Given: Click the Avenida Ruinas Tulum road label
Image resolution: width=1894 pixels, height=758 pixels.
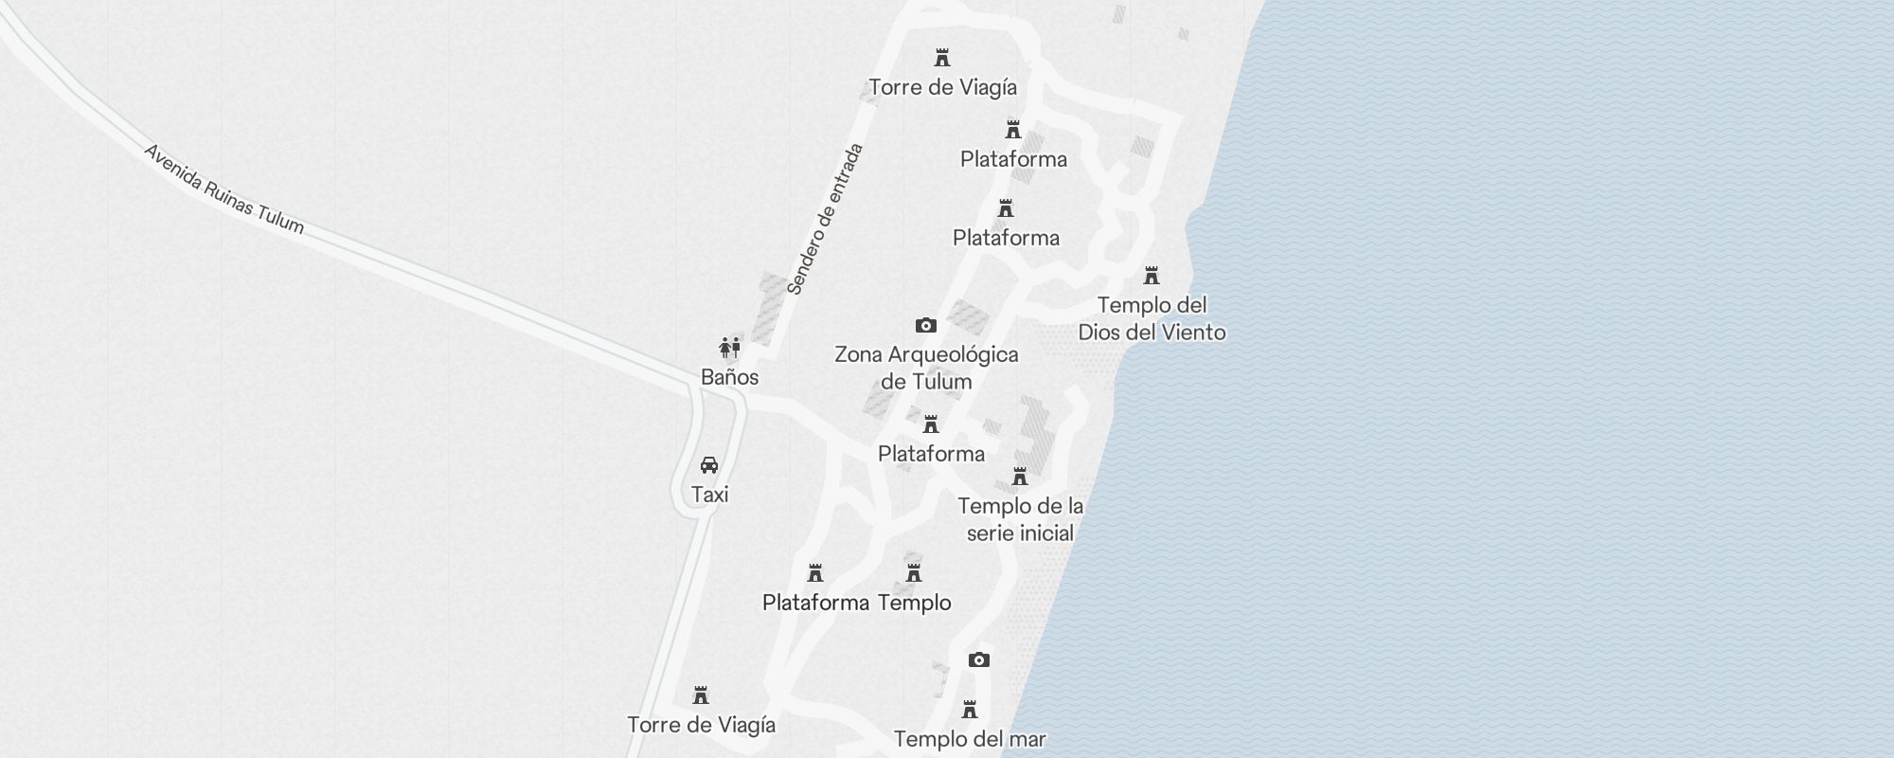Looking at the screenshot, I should point(223,189).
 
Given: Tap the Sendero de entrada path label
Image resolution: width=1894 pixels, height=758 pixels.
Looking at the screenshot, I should point(826,219).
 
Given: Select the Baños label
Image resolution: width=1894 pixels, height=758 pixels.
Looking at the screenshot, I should point(729,377).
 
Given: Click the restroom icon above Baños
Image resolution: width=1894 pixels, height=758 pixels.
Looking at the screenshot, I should point(729,348).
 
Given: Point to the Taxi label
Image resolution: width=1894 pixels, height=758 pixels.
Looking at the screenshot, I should point(709,495).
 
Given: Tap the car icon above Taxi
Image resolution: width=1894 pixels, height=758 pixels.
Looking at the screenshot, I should point(709,465).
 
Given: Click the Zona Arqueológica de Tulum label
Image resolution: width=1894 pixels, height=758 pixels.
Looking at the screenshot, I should point(926,368).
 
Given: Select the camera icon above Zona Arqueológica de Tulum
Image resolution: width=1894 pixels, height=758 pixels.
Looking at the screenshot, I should point(926,326).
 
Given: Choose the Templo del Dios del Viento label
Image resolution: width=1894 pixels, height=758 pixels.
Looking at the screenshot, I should point(1152,318).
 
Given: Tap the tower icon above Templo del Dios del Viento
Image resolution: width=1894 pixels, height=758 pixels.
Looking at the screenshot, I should point(1152,276).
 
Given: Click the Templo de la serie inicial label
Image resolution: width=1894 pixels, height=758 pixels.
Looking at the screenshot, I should point(1020,519).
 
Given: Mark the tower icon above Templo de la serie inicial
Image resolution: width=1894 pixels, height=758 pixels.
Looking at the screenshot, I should point(1020,477).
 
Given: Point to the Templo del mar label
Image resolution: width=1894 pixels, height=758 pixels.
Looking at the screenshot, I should point(970,739).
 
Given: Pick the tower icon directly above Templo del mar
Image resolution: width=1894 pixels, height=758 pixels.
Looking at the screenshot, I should point(970,710).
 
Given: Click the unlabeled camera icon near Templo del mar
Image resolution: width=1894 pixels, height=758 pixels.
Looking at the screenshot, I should point(979,660).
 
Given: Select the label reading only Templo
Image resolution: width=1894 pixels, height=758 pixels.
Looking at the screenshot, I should point(914,603).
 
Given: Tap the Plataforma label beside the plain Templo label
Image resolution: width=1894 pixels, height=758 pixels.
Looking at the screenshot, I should point(815,603).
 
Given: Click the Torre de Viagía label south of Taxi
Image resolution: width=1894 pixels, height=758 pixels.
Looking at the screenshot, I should point(701,725).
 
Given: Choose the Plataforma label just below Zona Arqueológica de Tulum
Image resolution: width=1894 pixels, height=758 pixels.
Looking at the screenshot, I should point(931,454).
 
